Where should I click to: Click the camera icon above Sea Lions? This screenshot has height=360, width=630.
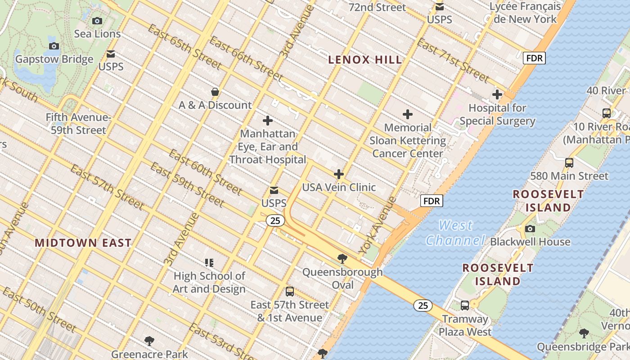(97, 21)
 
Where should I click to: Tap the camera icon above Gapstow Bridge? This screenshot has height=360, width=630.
(54, 46)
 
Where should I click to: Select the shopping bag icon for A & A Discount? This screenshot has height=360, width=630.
(215, 92)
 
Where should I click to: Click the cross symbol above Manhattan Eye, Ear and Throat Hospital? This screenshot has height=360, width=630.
(268, 121)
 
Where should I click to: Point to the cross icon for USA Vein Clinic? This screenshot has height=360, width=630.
(339, 174)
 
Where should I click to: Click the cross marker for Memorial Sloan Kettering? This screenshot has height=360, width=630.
(408, 114)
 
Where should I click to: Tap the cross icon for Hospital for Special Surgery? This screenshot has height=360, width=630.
(497, 94)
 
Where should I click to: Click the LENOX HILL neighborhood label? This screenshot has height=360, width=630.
(365, 59)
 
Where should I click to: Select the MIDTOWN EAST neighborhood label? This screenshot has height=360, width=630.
(83, 243)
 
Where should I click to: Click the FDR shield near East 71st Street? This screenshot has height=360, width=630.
(534, 58)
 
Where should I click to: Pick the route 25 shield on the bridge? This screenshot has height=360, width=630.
(423, 306)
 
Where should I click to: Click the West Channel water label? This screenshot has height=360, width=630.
(455, 233)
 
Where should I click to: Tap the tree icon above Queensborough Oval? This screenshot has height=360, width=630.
(342, 258)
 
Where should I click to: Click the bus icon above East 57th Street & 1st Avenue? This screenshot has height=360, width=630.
(290, 291)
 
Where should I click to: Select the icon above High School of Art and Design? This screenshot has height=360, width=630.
(209, 262)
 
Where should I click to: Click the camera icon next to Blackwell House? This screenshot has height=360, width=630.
(530, 229)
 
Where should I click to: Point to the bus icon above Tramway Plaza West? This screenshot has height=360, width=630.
(465, 306)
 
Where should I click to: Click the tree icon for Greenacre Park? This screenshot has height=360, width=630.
(149, 341)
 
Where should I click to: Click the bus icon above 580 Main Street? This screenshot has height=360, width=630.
(569, 162)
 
